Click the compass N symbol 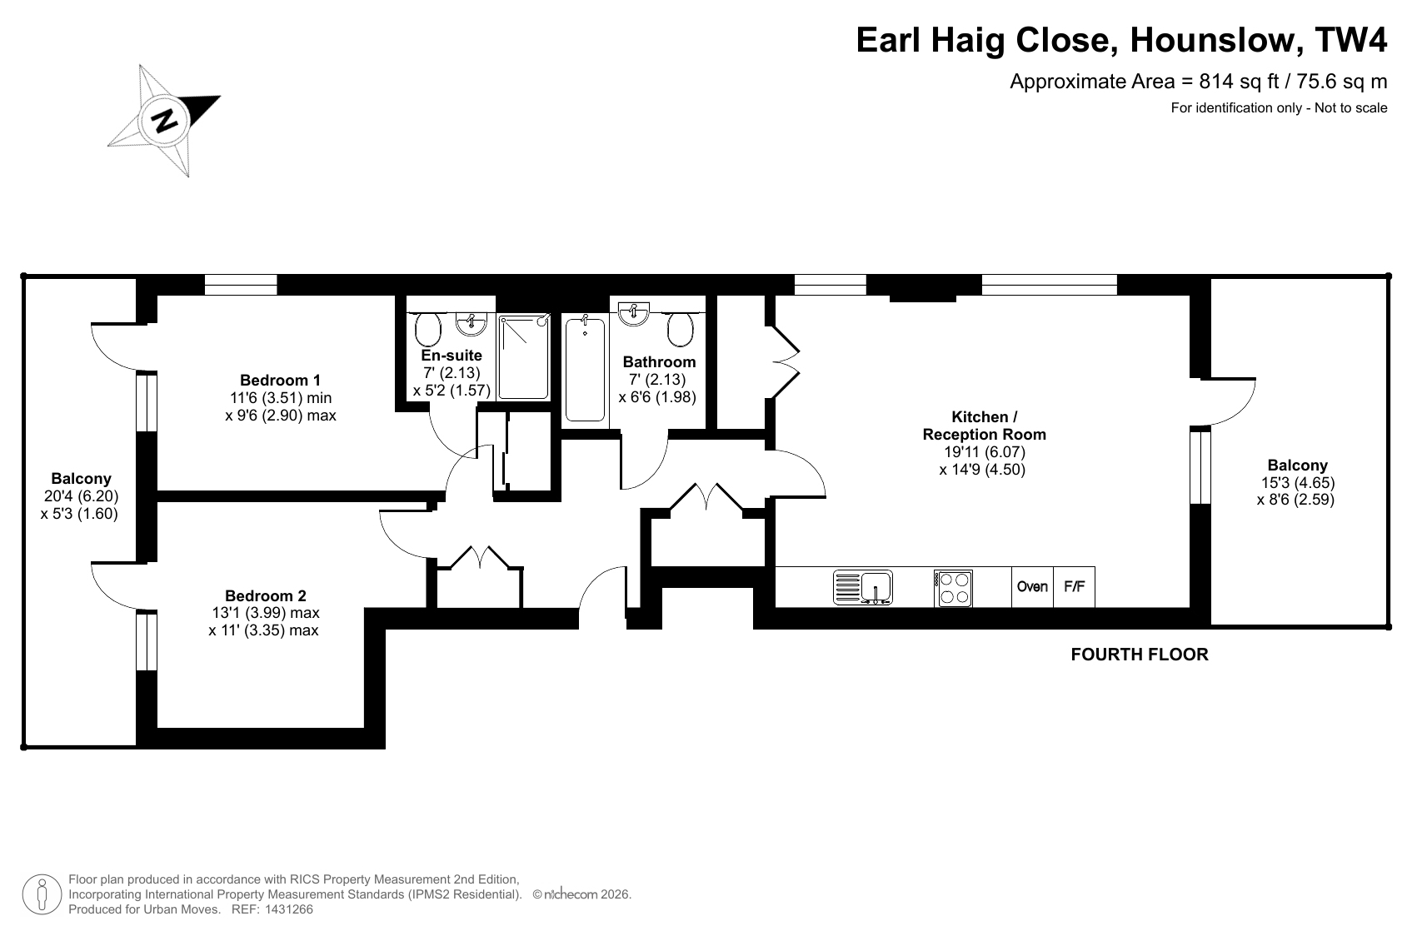pos(165,120)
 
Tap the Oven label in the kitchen pos(1032,587)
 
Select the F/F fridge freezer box pos(1074,587)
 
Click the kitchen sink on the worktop pos(862,587)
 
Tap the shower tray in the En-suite pos(524,357)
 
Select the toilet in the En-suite pos(428,329)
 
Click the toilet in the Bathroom pos(680,329)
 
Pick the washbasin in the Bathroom pos(633,314)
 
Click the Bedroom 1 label pos(281,380)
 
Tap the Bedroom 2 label pos(266,595)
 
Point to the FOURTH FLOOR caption pos(1140,655)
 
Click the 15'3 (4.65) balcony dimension pos(1297,483)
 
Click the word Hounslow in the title pos(1210,40)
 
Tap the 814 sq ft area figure pos(1240,82)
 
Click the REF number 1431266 pos(289,909)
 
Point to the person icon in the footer pos(42,894)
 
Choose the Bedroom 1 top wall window pos(241,285)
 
